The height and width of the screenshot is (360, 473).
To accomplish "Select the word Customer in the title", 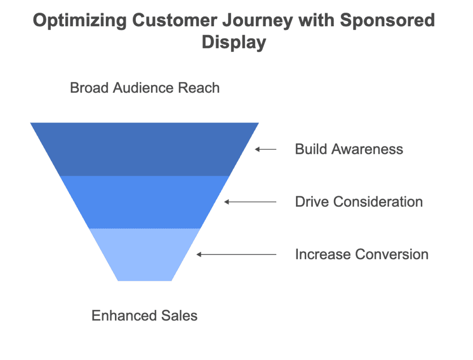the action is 174,20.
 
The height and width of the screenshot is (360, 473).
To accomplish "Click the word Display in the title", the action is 234,42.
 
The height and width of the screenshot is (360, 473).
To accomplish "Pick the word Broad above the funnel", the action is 89,88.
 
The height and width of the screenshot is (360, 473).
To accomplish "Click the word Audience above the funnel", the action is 143,88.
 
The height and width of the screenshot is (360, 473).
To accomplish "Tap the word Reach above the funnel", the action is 199,88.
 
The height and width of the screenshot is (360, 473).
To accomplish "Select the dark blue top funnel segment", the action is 145,149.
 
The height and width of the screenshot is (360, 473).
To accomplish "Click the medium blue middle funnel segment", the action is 145,202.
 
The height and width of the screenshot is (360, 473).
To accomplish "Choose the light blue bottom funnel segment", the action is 145,255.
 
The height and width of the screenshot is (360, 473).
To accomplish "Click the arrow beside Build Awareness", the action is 266,149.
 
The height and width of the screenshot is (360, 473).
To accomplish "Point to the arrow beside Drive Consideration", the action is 250,202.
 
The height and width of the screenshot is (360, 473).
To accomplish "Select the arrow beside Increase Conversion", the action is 236,255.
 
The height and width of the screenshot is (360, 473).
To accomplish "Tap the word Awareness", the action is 367,149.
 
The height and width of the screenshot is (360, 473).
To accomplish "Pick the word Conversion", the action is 392,254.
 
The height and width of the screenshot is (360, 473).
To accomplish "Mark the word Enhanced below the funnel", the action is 124,316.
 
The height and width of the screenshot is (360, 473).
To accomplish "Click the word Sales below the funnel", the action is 180,316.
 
